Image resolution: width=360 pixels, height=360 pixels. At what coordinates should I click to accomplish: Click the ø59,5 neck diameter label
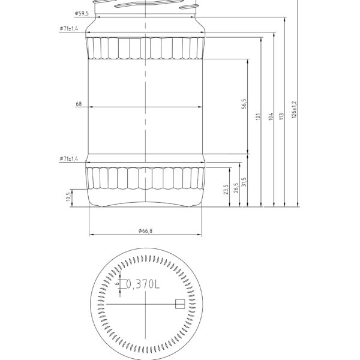pyautogui.click(x=82, y=13)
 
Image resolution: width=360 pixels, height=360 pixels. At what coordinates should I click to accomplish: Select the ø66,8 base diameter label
pyautogui.click(x=145, y=231)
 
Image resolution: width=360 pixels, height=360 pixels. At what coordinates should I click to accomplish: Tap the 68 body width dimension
pyautogui.click(x=79, y=104)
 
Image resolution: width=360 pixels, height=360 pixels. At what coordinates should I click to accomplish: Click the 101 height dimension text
pyautogui.click(x=257, y=116)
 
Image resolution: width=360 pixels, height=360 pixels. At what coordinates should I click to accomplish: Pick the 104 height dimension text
pyautogui.click(x=271, y=116)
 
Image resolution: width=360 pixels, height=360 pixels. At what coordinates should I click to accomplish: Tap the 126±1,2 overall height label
pyautogui.click(x=294, y=109)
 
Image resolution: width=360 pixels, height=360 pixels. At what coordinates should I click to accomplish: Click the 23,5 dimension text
pyautogui.click(x=226, y=190)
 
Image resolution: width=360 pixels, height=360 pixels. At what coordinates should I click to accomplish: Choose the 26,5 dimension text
pyautogui.click(x=236, y=187)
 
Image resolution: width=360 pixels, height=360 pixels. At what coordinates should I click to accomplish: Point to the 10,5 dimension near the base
pyautogui.click(x=67, y=196)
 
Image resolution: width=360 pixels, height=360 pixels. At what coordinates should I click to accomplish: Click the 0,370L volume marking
pyautogui.click(x=143, y=285)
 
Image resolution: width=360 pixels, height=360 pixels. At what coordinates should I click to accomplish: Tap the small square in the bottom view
pyautogui.click(x=179, y=304)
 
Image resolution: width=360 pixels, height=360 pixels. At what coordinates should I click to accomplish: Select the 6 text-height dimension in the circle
pyautogui.click(x=117, y=285)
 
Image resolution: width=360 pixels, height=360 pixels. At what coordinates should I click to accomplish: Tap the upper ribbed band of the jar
pyautogui.click(x=146, y=48)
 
